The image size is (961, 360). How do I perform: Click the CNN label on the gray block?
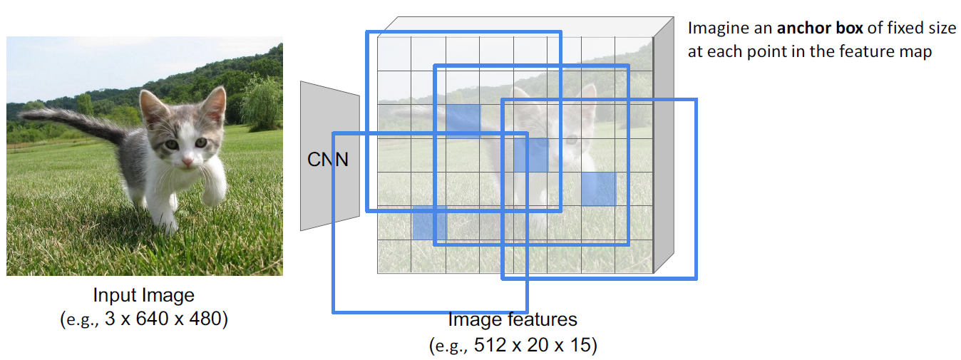point(327,160)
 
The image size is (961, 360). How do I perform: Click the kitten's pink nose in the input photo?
point(187,163)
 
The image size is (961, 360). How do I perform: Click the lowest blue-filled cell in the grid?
point(429,222)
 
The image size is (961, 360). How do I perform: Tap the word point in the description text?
point(770,52)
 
